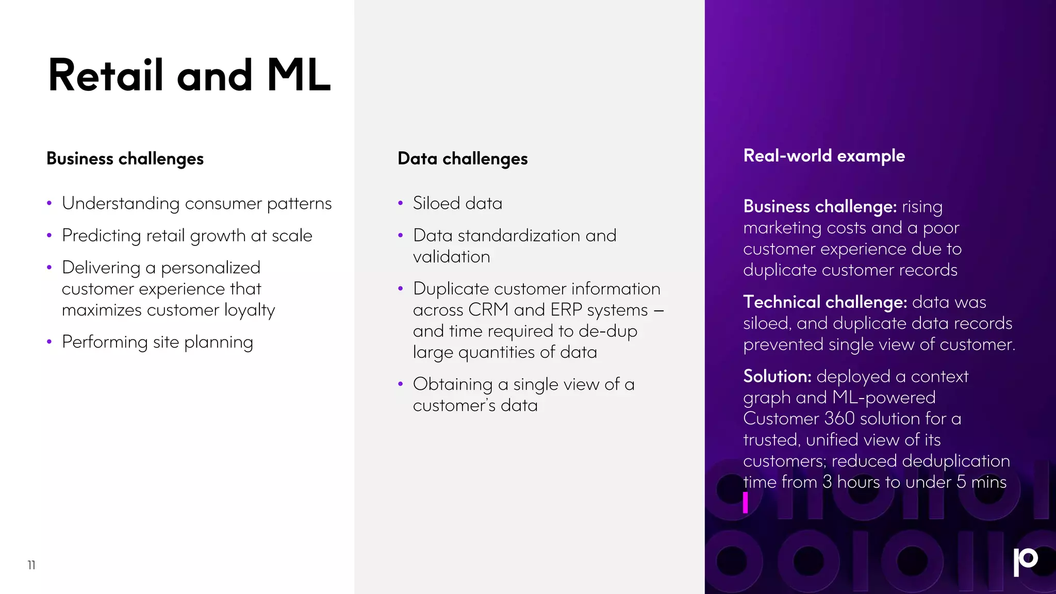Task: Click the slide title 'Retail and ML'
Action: pyautogui.click(x=189, y=76)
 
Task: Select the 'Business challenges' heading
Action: pyautogui.click(x=125, y=158)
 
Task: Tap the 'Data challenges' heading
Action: pyautogui.click(x=463, y=158)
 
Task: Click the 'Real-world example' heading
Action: pyautogui.click(x=824, y=156)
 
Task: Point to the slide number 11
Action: pyautogui.click(x=31, y=565)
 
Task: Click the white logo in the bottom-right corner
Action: pyautogui.click(x=1025, y=561)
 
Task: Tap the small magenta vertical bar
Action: pyautogui.click(x=745, y=502)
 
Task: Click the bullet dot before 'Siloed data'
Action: pyautogui.click(x=400, y=204)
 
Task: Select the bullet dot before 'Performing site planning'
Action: pyautogui.click(x=49, y=342)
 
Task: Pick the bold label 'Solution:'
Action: pyautogui.click(x=777, y=376)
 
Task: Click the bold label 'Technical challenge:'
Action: pyautogui.click(x=824, y=302)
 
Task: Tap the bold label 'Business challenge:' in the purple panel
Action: pyautogui.click(x=820, y=207)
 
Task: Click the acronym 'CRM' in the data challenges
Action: pyautogui.click(x=488, y=310)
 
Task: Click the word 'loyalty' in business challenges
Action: pyautogui.click(x=250, y=310)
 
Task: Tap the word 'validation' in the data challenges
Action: pyautogui.click(x=451, y=257)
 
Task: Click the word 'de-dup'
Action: pyautogui.click(x=608, y=332)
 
